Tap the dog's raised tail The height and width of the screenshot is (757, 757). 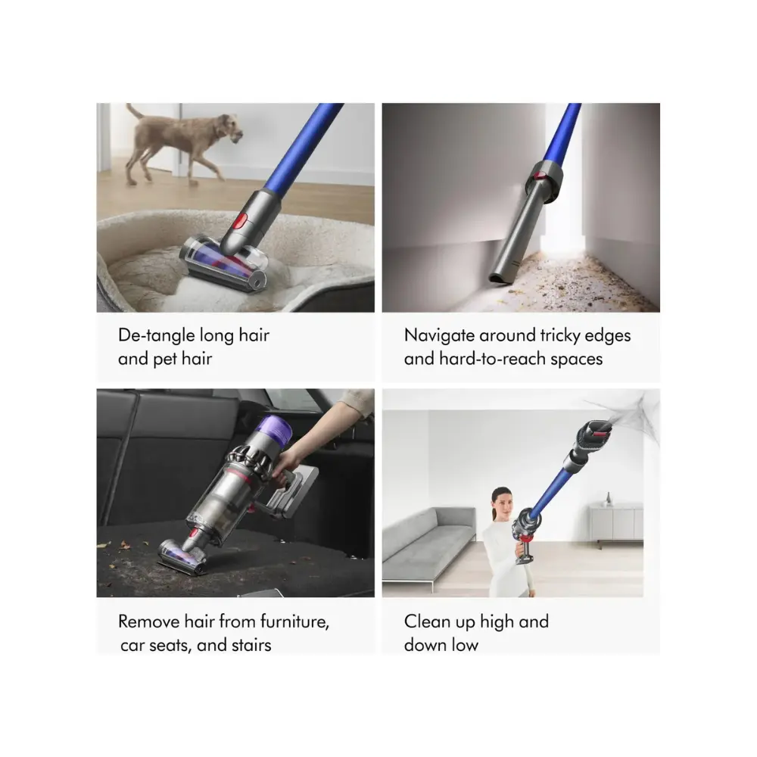click(134, 111)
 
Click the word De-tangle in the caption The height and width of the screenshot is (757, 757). click(157, 335)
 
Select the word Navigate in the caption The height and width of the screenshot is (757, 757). click(439, 335)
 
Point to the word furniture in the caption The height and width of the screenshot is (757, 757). click(294, 621)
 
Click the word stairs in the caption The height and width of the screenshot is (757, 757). click(251, 645)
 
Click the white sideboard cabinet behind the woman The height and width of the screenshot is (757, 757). click(616, 524)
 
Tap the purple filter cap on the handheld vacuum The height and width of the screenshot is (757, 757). click(276, 431)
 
